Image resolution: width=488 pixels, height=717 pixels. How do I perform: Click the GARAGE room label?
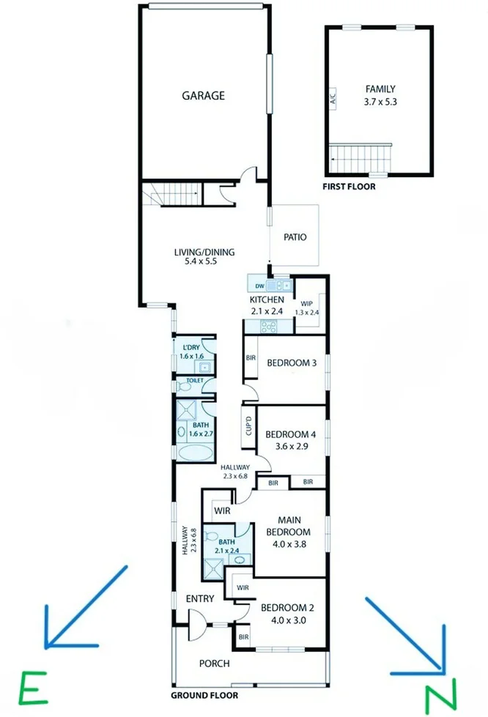(x=204, y=95)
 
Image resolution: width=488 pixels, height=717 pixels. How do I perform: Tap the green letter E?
(x=33, y=687)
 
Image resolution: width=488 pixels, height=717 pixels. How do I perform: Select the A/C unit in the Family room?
(x=333, y=98)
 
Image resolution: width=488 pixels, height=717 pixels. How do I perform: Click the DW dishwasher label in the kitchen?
(x=260, y=286)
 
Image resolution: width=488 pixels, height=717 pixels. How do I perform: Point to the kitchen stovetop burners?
(x=268, y=327)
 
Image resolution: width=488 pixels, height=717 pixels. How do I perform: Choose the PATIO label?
(x=295, y=237)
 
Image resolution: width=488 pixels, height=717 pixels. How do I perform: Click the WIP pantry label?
(x=306, y=304)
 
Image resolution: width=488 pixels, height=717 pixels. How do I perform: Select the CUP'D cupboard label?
(x=249, y=426)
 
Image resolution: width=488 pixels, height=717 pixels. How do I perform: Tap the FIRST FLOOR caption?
(x=349, y=187)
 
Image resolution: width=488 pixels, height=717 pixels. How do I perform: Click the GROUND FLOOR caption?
(x=204, y=696)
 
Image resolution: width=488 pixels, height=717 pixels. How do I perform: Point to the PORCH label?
(x=215, y=664)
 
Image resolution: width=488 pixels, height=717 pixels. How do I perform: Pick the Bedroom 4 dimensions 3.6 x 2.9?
(x=291, y=446)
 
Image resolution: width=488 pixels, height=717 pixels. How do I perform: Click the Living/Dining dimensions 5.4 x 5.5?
(x=201, y=261)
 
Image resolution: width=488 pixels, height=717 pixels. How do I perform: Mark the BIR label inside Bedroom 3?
(x=251, y=357)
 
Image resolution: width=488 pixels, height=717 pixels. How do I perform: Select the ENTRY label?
(x=200, y=598)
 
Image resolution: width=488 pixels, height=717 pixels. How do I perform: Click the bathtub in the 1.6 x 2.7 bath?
(x=196, y=453)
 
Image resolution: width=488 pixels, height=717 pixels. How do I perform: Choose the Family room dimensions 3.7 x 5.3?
(x=380, y=102)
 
